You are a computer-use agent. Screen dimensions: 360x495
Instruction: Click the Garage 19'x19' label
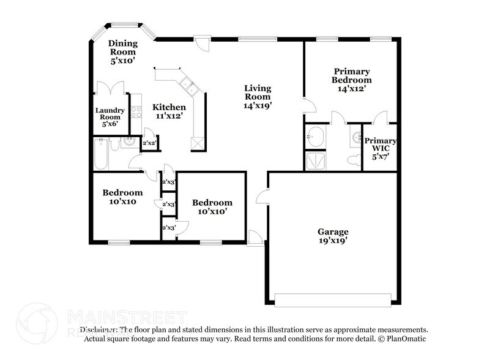[333, 236]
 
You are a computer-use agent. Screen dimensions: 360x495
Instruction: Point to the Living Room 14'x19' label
[257, 97]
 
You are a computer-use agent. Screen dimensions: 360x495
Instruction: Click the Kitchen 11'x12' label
[169, 111]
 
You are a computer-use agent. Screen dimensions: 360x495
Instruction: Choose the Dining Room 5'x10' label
[122, 52]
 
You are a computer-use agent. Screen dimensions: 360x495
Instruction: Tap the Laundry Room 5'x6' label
[110, 116]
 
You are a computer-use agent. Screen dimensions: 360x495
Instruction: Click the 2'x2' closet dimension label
[149, 144]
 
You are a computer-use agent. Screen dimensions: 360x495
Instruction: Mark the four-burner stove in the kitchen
[137, 112]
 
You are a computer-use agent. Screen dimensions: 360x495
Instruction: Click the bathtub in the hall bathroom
[102, 153]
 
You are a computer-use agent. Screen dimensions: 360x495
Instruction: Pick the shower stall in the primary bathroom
[315, 160]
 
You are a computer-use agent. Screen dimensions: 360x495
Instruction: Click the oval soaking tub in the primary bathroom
[315, 136]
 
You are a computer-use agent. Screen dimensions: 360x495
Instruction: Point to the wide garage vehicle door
[333, 300]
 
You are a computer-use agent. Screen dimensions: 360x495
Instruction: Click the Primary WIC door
[381, 116]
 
